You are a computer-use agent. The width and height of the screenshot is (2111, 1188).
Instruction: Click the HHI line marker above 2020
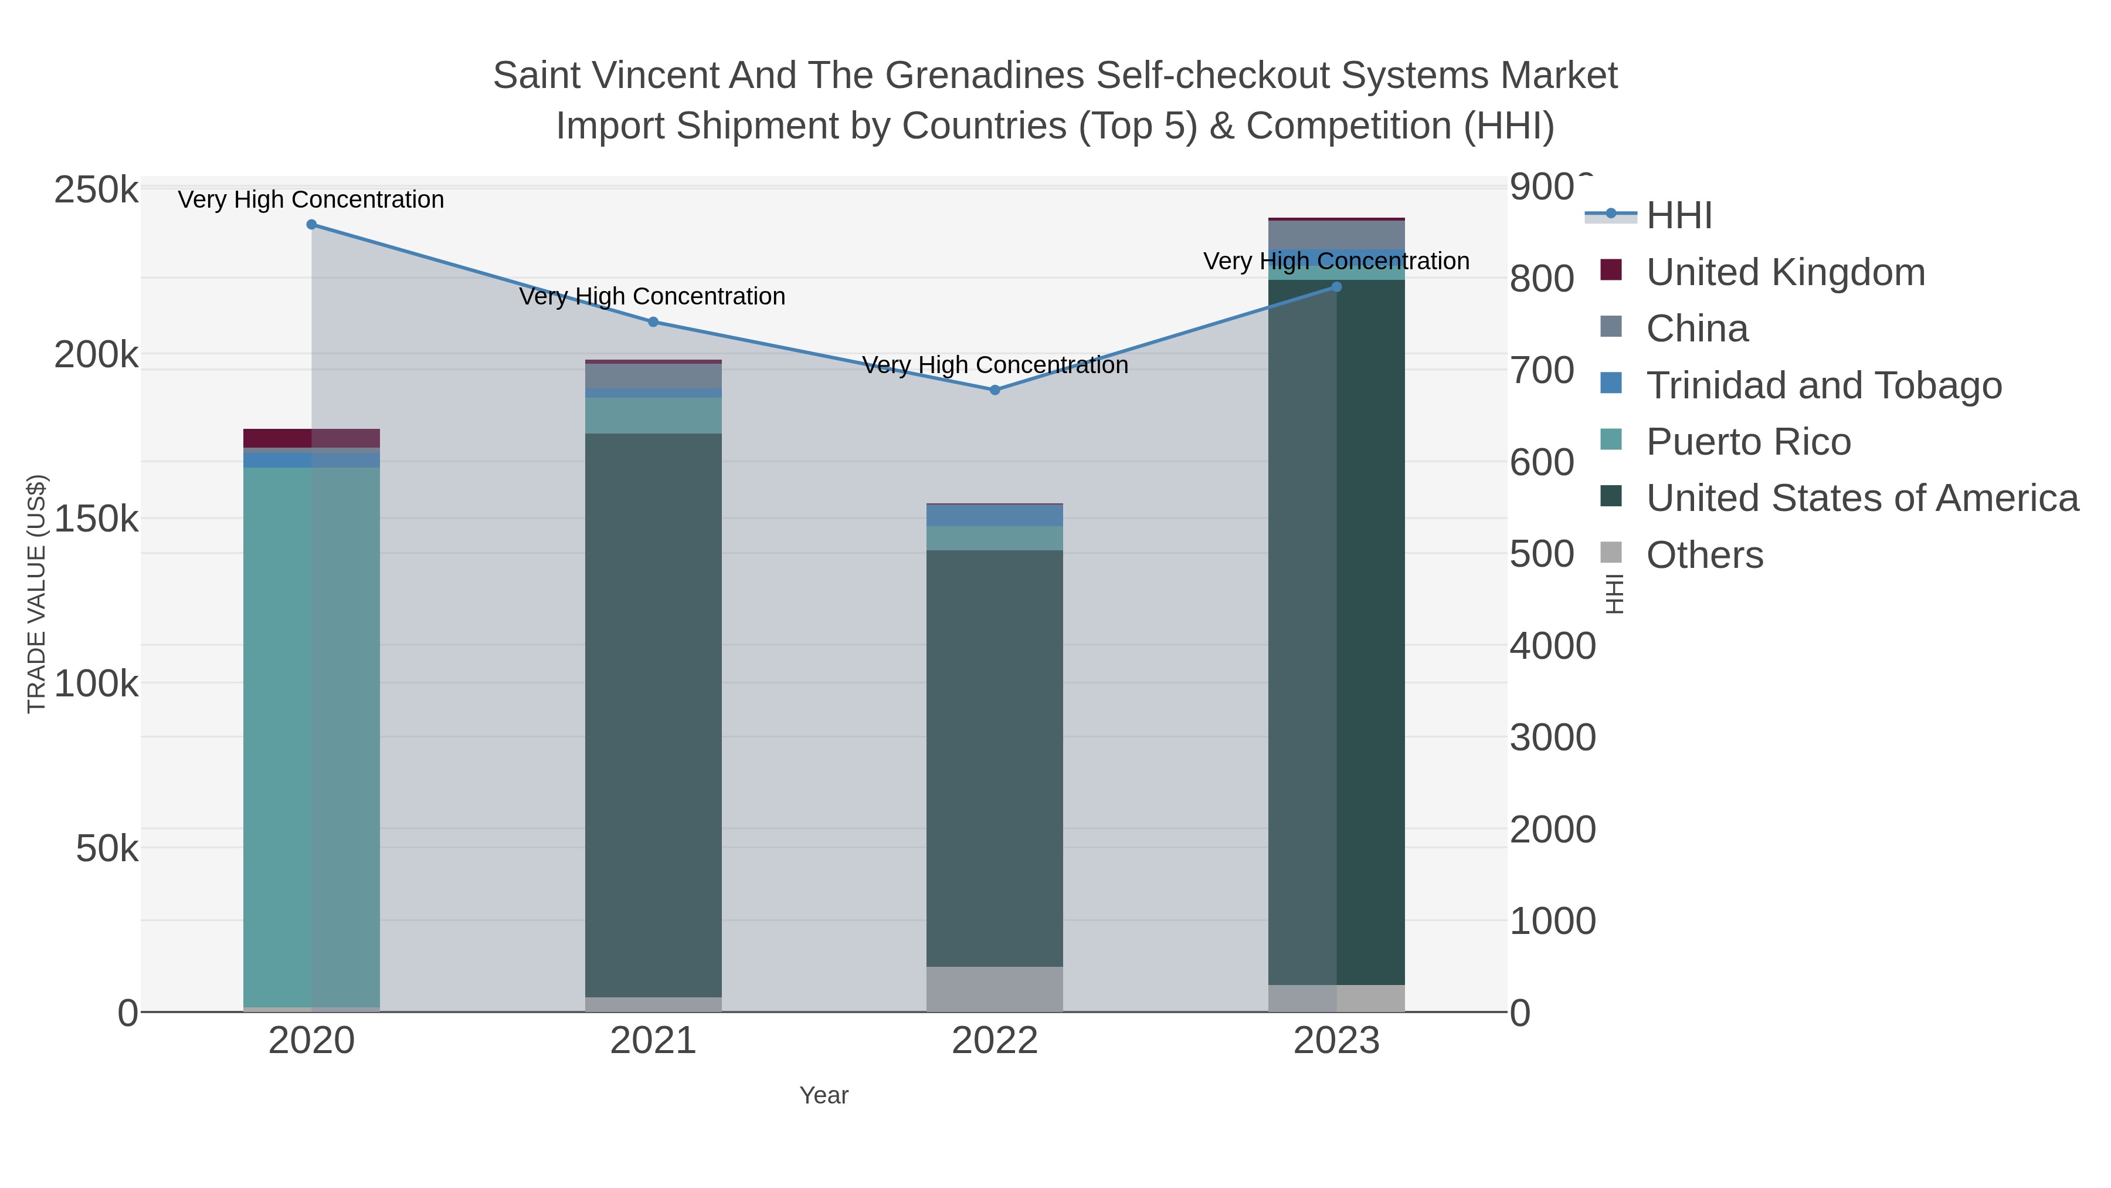click(x=311, y=225)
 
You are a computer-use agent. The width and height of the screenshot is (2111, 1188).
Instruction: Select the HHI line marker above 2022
click(x=995, y=390)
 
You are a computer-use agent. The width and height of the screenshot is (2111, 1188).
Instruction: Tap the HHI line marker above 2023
click(x=1336, y=287)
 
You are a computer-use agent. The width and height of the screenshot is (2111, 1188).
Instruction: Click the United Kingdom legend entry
click(x=1785, y=272)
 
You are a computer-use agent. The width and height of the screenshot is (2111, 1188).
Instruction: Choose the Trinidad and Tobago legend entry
click(x=1823, y=385)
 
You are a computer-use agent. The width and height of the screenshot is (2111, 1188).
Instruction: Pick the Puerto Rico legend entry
click(x=1748, y=442)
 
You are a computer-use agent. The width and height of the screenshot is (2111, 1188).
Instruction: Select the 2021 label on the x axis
click(x=653, y=1041)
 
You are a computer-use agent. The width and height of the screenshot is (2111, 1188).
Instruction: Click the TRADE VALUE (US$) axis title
click(x=37, y=594)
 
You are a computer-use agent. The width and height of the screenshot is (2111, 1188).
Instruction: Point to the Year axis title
click(x=824, y=1095)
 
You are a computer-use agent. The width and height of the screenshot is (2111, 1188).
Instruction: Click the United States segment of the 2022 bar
click(x=995, y=759)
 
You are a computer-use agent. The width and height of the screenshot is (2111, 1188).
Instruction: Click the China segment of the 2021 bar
click(x=653, y=375)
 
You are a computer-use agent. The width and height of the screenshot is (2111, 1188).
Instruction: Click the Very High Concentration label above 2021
click(x=652, y=297)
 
